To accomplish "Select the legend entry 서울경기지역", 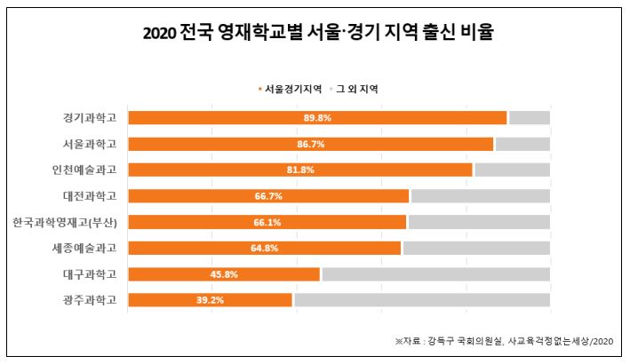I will point(291,90).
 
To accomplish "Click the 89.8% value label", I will point(317,118).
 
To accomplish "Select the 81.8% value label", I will point(300,170).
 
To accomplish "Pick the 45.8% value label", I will point(224,274).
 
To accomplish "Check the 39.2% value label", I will point(211,300).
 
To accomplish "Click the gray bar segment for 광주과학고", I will point(421,300).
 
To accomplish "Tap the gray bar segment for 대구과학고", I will point(435,274).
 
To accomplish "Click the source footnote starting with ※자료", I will point(504,340).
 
